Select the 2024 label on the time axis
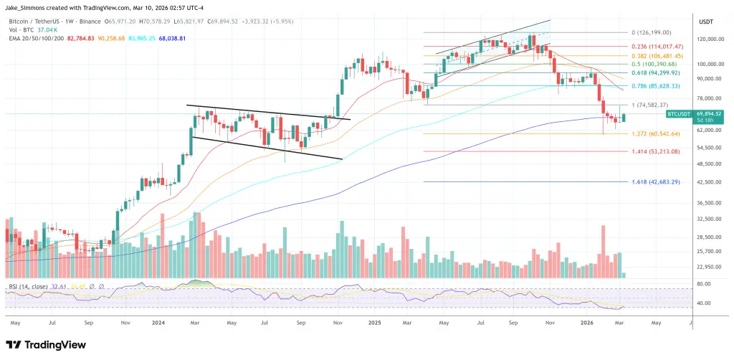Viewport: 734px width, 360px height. pos(159,323)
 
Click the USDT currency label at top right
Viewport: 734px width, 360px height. pos(706,21)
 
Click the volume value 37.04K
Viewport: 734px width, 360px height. pos(46,29)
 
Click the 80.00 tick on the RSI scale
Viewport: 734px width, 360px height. pos(705,284)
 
